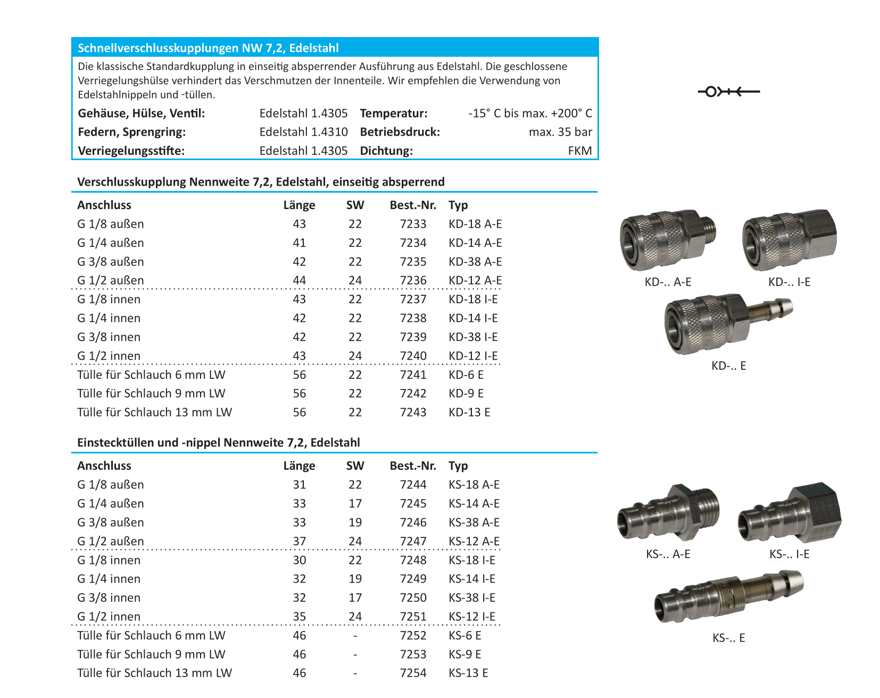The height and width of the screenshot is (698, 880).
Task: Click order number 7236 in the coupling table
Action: [413, 280]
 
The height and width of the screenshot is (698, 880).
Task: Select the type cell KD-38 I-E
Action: [473, 337]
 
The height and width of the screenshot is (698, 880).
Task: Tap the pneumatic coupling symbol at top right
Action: [728, 92]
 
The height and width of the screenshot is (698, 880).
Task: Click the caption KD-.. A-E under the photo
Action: [668, 282]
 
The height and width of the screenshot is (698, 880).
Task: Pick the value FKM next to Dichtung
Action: [579, 151]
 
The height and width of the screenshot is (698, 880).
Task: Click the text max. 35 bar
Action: [560, 132]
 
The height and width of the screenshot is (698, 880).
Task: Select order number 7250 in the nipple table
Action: [413, 597]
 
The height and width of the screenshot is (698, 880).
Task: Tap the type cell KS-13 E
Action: [468, 673]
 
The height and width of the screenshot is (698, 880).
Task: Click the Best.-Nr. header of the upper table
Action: [413, 205]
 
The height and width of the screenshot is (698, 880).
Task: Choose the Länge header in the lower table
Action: [299, 466]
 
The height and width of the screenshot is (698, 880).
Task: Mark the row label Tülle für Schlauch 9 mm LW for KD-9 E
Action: [151, 393]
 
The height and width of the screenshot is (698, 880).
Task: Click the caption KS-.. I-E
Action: [789, 554]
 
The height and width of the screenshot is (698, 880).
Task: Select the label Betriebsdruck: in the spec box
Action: [400, 132]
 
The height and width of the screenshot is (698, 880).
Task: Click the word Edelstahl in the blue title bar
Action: [314, 48]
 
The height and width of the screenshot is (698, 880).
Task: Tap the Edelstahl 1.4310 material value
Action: [303, 132]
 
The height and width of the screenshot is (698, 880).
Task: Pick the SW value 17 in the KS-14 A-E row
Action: [355, 503]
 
